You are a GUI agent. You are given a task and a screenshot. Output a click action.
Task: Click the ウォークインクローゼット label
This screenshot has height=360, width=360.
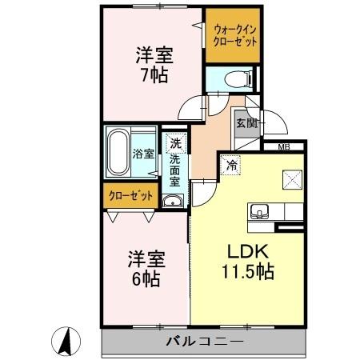(235, 37)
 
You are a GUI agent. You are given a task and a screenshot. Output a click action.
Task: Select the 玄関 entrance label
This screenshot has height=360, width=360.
(246, 123)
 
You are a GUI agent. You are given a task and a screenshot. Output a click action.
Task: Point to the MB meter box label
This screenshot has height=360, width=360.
(283, 147)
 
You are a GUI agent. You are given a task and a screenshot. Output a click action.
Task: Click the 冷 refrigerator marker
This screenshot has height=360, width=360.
(230, 166)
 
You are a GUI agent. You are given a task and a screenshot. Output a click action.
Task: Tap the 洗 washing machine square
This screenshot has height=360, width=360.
(174, 145)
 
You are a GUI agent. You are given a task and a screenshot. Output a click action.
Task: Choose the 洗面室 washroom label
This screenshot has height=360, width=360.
(174, 170)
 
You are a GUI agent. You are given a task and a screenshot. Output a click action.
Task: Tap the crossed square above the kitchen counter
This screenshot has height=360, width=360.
(289, 180)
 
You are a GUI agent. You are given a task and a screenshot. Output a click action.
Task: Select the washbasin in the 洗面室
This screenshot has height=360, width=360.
(172, 200)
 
